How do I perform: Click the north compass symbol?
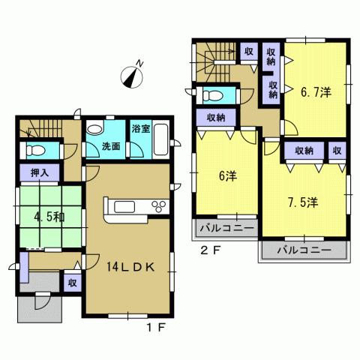click(x=133, y=76)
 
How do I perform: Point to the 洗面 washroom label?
click(x=112, y=147)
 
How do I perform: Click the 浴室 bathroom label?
click(x=140, y=129)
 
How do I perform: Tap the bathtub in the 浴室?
click(x=141, y=147)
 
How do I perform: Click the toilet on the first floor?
click(x=31, y=150)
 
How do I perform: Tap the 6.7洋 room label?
click(x=316, y=91)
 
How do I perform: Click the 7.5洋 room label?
click(x=304, y=202)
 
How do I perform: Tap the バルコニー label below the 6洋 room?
click(x=226, y=226)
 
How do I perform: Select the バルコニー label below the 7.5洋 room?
click(x=304, y=250)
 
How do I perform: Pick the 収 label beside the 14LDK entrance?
click(x=72, y=283)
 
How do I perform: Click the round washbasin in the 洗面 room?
click(x=95, y=130)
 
